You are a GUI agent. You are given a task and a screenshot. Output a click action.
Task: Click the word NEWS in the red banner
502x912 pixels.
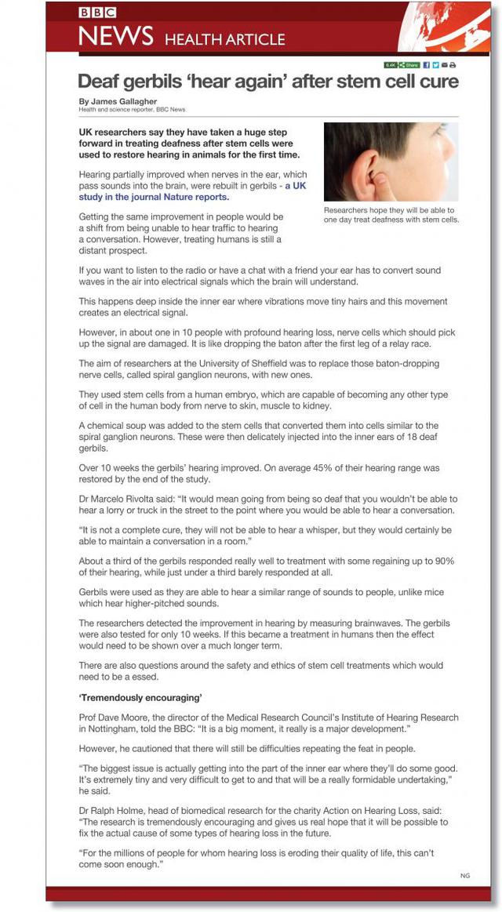115,36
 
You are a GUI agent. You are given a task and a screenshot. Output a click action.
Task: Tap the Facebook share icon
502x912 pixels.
427,65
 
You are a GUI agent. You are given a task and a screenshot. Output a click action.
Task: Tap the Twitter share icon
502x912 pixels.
435,65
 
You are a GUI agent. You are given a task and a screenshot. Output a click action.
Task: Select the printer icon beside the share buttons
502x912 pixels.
453,65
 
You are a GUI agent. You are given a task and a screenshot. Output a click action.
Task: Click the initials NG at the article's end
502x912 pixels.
465,874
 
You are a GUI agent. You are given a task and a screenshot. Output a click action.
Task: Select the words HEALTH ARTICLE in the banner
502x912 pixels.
225,39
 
